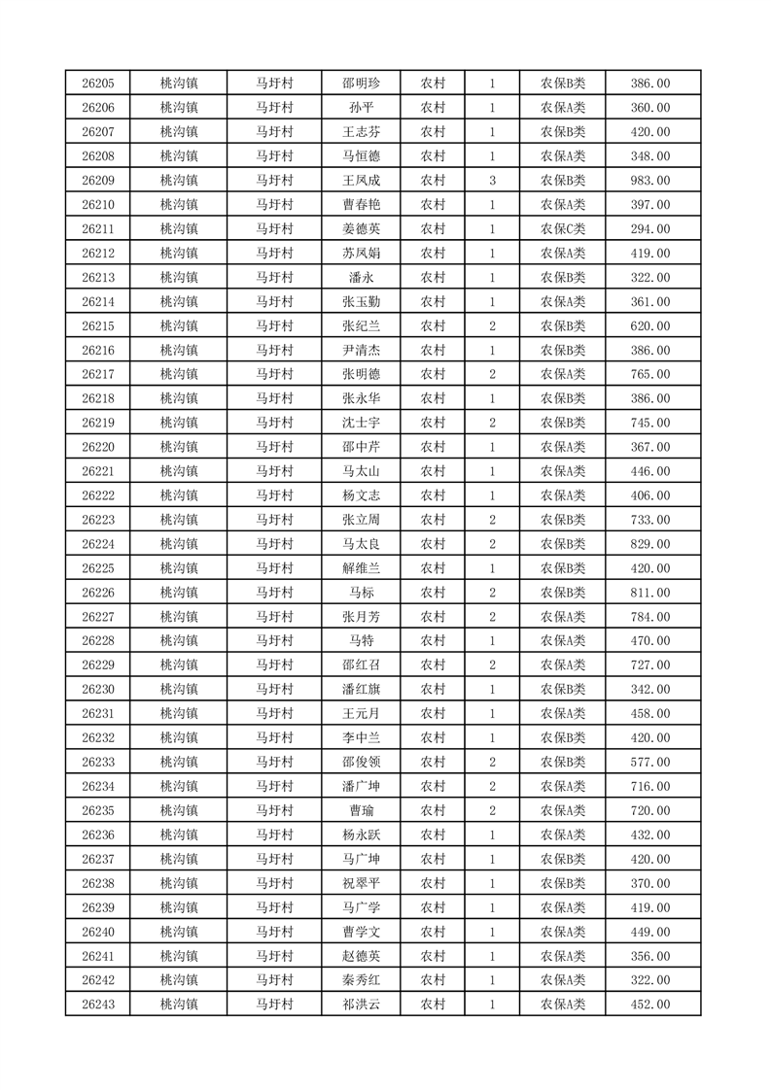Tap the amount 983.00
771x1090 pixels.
pyautogui.click(x=650, y=181)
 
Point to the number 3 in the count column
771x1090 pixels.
pyautogui.click(x=493, y=181)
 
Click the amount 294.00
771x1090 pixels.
pyautogui.click(x=650, y=229)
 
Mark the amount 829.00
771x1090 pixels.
pyautogui.click(x=650, y=544)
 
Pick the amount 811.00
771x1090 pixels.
pyautogui.click(x=650, y=593)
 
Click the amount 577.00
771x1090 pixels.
pyautogui.click(x=650, y=762)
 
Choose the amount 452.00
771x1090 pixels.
pyautogui.click(x=650, y=1004)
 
